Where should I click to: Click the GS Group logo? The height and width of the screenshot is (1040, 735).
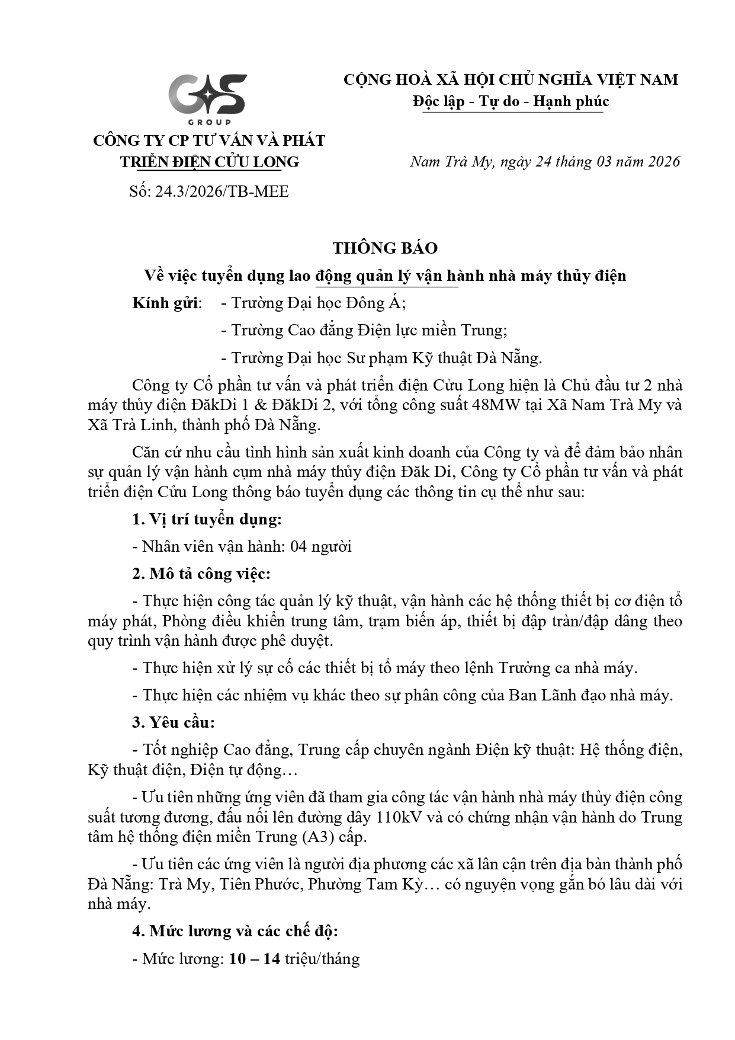207,98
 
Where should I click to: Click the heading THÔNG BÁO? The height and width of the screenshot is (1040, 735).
385,248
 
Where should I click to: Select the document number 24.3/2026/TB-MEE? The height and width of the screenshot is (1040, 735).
222,191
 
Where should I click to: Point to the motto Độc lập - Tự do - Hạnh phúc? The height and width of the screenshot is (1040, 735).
511,101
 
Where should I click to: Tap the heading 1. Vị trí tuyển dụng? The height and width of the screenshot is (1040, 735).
207,519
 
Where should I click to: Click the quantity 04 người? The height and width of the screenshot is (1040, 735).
320,546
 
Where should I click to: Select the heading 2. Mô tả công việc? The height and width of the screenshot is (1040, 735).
201,574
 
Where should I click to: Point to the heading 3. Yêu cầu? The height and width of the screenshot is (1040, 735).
173,722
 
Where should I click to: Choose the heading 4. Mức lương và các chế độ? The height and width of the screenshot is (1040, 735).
235,931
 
